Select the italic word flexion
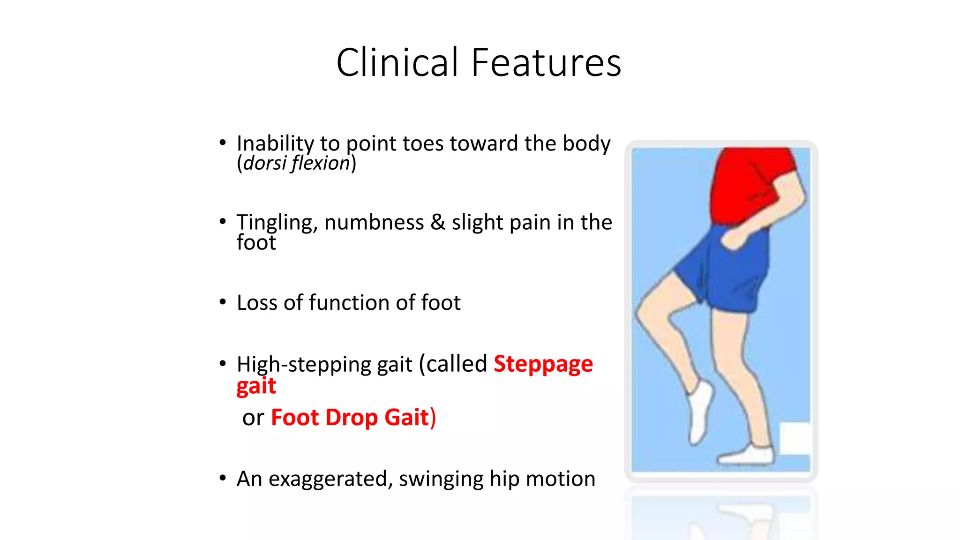coord(321,163)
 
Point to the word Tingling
coord(277,222)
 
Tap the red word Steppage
coord(543,364)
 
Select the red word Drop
coord(352,417)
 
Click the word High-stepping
coord(324,365)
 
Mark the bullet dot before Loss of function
coord(223,302)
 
